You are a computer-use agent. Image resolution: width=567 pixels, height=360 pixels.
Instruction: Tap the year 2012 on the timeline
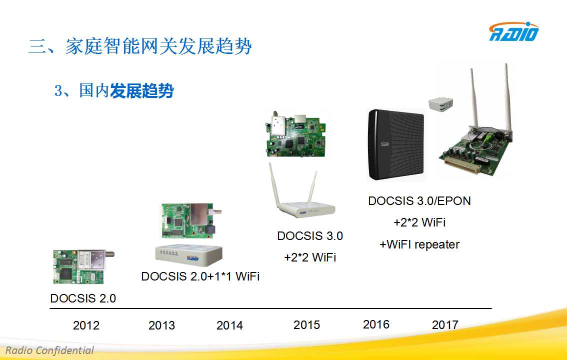click(x=86, y=325)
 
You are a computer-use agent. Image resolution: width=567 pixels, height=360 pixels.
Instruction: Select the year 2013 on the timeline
click(x=161, y=325)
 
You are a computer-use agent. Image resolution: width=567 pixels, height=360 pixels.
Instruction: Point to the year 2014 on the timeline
click(x=229, y=325)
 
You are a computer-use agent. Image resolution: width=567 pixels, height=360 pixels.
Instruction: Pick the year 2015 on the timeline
click(x=306, y=324)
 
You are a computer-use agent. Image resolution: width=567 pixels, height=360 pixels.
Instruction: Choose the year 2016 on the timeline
click(x=376, y=324)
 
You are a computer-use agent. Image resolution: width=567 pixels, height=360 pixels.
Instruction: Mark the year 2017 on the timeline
click(x=445, y=324)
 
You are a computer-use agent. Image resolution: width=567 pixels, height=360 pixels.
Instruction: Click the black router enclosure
click(x=396, y=144)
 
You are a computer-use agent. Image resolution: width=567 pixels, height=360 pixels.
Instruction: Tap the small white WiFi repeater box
click(x=440, y=103)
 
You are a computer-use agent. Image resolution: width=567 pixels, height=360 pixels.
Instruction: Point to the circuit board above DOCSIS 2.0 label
click(x=82, y=266)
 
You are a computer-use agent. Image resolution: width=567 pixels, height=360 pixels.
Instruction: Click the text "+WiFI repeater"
click(x=419, y=244)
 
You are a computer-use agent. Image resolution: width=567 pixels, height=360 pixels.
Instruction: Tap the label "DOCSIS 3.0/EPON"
click(x=419, y=201)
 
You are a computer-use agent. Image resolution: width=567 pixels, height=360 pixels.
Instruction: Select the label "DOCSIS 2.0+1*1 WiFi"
click(x=200, y=276)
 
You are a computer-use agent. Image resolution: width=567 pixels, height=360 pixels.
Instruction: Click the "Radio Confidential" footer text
click(x=49, y=350)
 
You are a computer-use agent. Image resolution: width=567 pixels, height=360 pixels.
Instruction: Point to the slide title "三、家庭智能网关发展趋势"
click(x=140, y=46)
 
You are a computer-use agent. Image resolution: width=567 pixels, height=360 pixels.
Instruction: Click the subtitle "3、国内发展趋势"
click(x=114, y=90)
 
